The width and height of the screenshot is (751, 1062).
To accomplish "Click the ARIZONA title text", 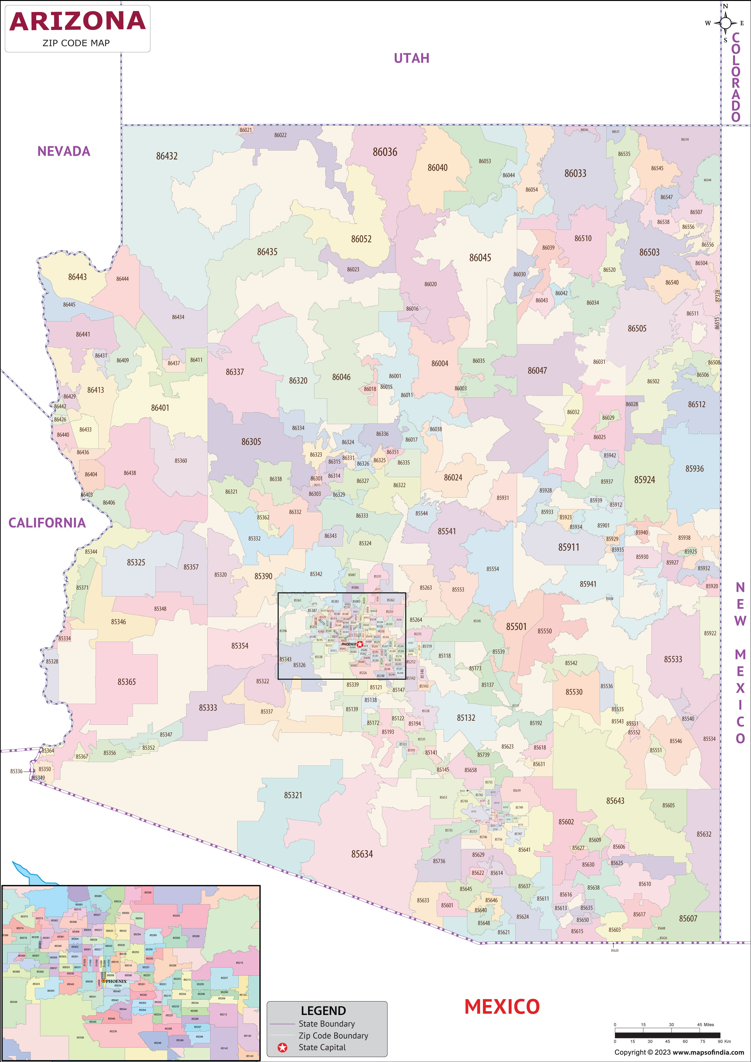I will [x=77, y=21].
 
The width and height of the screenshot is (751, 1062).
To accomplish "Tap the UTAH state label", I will [x=411, y=58].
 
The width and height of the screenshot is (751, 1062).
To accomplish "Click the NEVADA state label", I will [x=64, y=151].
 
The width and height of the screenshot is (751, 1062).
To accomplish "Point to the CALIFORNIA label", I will [x=47, y=523].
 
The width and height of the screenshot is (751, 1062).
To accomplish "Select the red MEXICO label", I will [x=502, y=1007].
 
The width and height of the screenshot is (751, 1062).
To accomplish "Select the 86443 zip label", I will [x=77, y=277].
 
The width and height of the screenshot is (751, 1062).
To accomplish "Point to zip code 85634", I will [x=362, y=854].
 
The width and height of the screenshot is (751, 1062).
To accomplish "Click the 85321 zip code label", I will [x=293, y=795].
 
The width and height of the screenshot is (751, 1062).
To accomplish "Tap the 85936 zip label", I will [x=694, y=469].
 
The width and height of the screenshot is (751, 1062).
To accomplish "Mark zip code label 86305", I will [x=251, y=442].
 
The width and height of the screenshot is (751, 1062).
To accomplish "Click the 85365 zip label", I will [x=126, y=682].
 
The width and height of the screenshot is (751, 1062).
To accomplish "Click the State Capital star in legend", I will [x=282, y=1048].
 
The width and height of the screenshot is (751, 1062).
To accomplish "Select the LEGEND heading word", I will [x=323, y=1011].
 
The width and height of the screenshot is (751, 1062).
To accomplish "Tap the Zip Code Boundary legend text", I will [x=333, y=1036].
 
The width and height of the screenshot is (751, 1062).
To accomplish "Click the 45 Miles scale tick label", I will [x=705, y=1024].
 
